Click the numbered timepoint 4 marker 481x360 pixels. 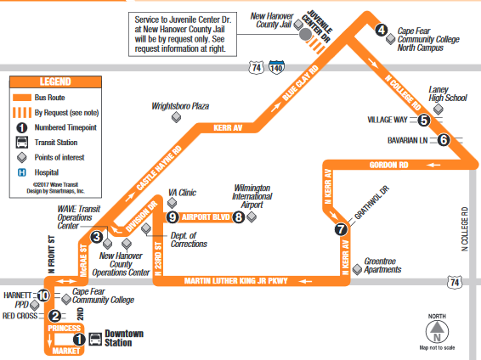382,30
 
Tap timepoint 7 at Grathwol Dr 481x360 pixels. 341,229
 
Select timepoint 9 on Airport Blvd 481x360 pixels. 173,217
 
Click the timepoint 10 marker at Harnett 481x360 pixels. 43,295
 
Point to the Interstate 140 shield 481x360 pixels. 276,67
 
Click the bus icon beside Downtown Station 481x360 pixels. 95,339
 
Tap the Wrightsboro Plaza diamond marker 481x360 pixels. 176,117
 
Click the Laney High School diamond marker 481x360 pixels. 438,109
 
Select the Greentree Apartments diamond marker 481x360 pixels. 357,270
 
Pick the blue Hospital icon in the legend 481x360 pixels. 22,172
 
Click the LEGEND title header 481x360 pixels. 55,82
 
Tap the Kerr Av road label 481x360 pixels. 228,127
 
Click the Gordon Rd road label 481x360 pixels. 388,165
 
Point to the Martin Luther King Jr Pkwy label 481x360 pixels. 236,281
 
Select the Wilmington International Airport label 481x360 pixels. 252,196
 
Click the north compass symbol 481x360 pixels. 437,332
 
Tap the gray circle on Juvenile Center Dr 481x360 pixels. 305,34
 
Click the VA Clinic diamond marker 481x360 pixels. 172,203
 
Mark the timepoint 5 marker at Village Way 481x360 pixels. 423,120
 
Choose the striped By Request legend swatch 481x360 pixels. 22,112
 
